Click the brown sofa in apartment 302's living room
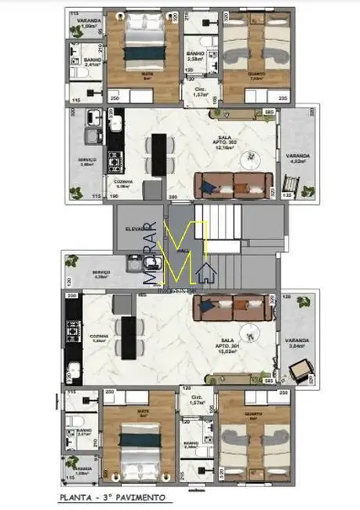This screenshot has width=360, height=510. coord(233,183)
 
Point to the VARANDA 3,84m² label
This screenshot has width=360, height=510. coord(300,343)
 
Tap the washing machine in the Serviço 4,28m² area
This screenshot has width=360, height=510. coord(77,262)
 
